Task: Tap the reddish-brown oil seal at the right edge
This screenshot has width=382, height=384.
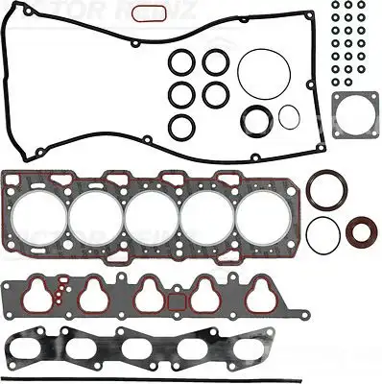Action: [362, 233]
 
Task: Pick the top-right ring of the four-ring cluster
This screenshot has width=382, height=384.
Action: [214, 62]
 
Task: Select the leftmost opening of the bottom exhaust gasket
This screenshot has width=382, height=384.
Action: [37, 348]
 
